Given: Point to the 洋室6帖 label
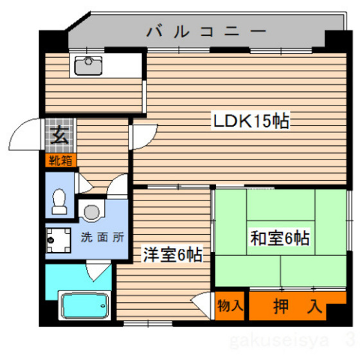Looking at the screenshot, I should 172,255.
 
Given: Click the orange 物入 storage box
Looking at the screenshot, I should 230,306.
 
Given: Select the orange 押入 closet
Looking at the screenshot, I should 296,306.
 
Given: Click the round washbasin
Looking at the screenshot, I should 93,210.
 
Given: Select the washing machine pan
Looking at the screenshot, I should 60,239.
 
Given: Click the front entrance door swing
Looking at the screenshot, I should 31,135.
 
